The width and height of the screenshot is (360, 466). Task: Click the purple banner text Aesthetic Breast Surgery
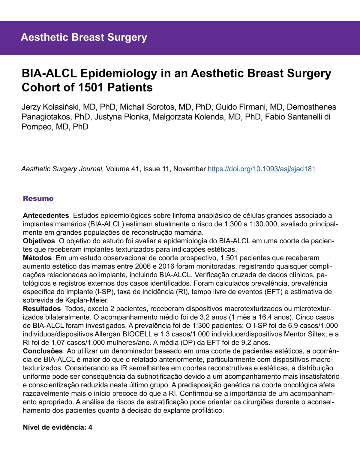(84, 37)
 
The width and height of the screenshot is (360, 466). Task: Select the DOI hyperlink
(262, 169)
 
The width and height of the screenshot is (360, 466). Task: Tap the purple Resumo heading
(38, 198)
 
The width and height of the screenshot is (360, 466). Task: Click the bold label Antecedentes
(46, 215)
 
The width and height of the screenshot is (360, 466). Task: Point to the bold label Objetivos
(39, 241)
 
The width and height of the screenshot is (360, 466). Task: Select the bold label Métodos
(37, 258)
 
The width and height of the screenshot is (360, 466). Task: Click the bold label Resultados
(42, 309)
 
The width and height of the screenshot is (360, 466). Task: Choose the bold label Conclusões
(43, 351)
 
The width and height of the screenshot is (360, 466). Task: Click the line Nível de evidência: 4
(58, 427)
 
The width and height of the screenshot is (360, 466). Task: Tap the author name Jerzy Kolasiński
(50, 107)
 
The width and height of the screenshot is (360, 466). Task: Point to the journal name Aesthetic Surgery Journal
(62, 169)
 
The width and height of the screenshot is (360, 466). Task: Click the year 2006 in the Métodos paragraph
(143, 266)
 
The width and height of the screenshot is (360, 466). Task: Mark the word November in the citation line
(190, 169)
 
